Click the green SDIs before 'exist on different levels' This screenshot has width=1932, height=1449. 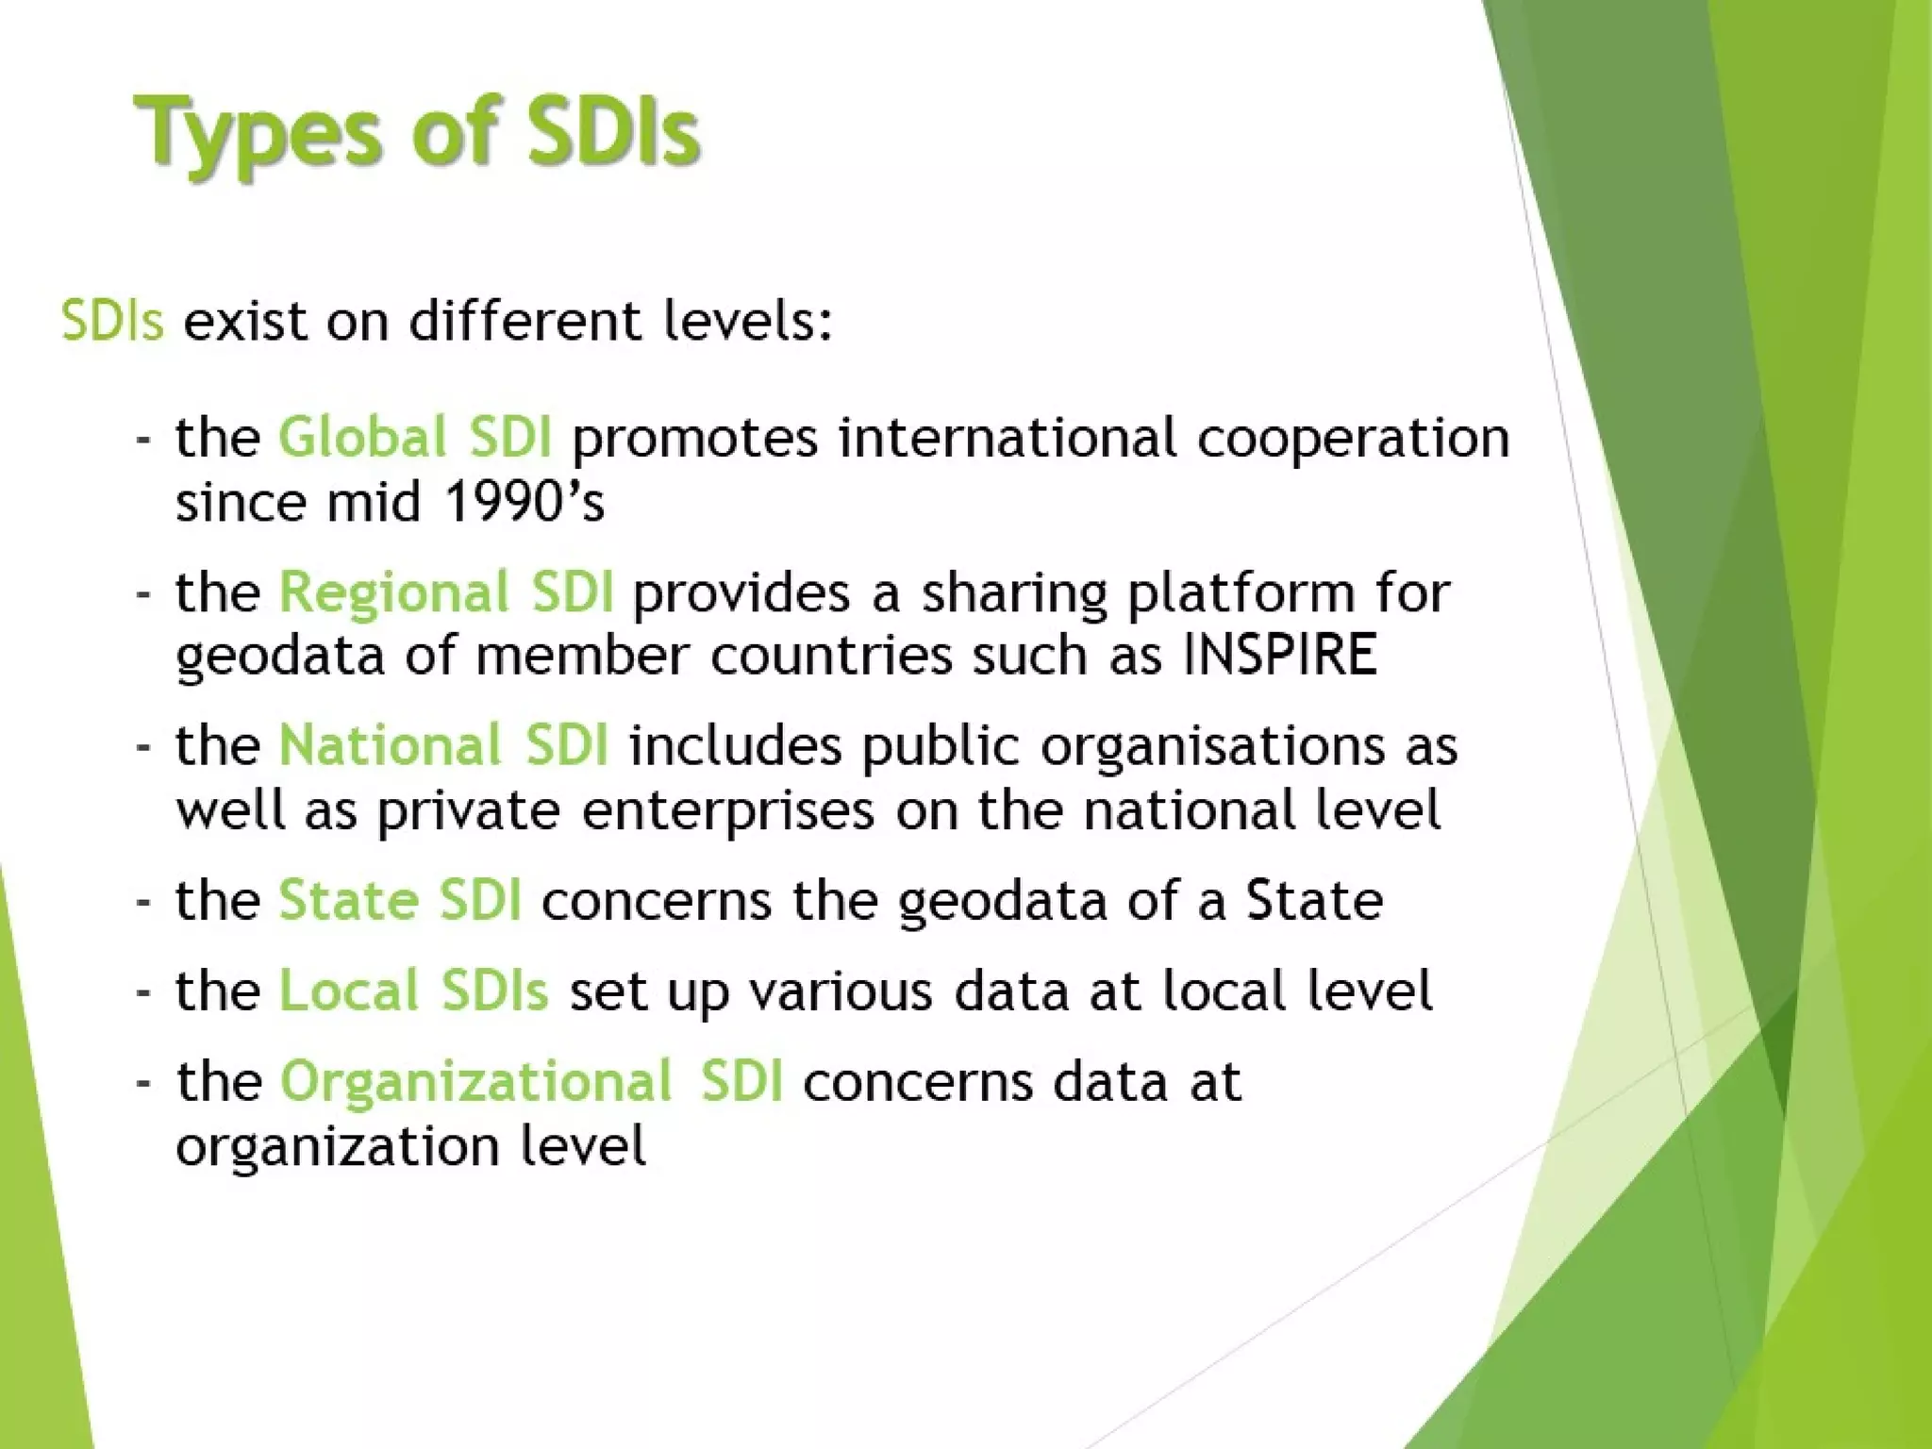click(x=112, y=321)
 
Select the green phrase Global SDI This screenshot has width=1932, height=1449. click(x=415, y=438)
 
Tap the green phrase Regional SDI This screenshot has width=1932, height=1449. click(x=446, y=592)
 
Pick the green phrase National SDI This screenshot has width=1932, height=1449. click(x=443, y=745)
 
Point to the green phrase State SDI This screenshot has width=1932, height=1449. click(x=400, y=900)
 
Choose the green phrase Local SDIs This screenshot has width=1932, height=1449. click(x=413, y=991)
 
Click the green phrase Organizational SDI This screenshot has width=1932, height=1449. click(x=531, y=1081)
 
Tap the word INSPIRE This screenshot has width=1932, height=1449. click(x=1281, y=654)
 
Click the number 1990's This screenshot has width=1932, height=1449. click(x=524, y=501)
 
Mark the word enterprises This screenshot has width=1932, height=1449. click(x=728, y=809)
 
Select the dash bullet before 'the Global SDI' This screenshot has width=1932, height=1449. click(x=143, y=440)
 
